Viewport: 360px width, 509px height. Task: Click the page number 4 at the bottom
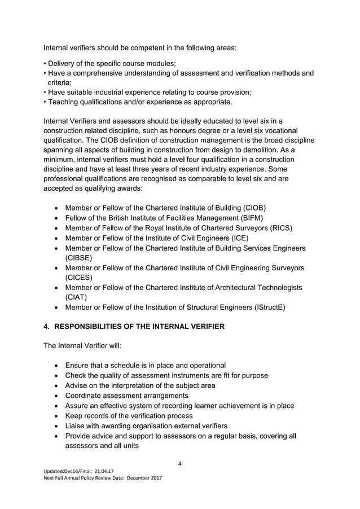[x=179, y=464]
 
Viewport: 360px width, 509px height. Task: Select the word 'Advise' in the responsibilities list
[x=78, y=385]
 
